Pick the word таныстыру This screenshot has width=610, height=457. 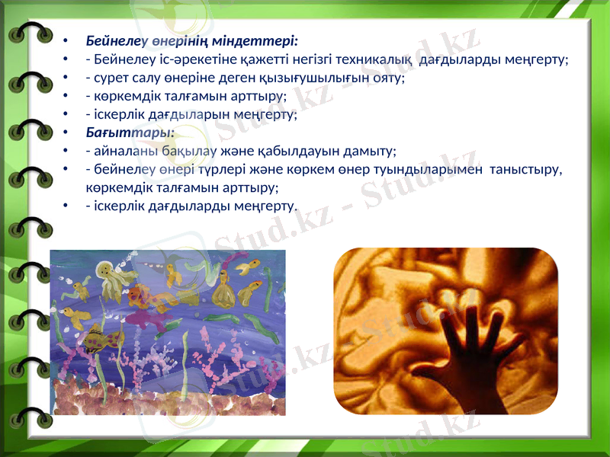tap(527, 170)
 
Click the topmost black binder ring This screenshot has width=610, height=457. tap(30, 34)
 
